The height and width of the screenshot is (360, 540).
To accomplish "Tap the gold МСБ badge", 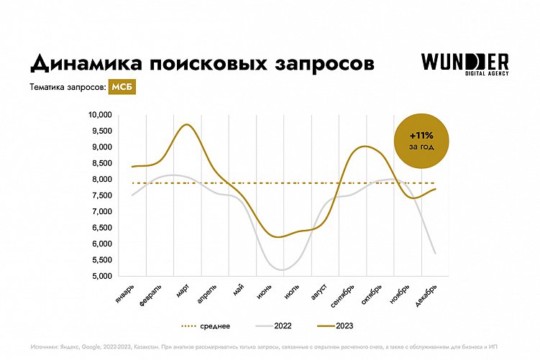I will [x=122, y=88].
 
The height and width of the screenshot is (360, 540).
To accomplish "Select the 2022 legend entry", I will [x=275, y=326].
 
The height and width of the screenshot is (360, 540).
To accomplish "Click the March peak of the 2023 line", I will [x=186, y=125].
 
